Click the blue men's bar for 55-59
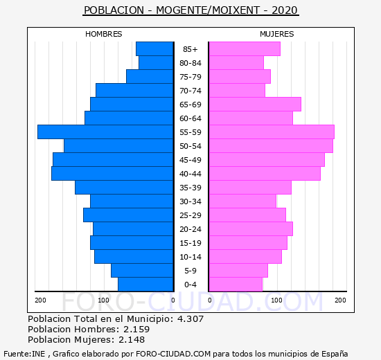pos(105,132)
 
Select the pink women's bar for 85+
pos(245,49)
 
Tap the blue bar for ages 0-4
pos(145,285)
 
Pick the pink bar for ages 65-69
pos(255,105)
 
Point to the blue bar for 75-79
pos(150,77)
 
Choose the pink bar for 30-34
pos(242,201)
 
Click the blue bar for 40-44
pos(112,174)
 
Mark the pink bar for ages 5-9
pos(238,271)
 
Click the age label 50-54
pos(190,146)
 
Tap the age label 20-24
pos(190,229)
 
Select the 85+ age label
pos(190,49)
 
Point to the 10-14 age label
pos(190,257)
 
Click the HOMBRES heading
pos(104,34)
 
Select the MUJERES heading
pos(277,34)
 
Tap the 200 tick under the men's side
pos(40,300)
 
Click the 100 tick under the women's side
pos(276,300)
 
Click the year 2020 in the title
pos(285,10)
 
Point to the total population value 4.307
pos(190,318)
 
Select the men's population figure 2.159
pos(136,329)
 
